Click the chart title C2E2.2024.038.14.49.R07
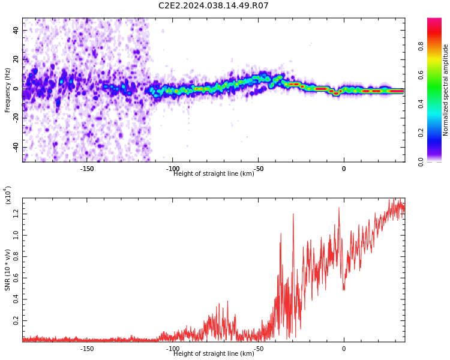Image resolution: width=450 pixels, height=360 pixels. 213,6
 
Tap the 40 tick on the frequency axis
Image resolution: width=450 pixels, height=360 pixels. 16,30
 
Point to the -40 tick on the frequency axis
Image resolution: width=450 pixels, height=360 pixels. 15,147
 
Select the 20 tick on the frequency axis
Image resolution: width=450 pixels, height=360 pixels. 16,59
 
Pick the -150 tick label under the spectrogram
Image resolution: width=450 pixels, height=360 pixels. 87,169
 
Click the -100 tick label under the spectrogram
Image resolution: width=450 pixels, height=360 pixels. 173,169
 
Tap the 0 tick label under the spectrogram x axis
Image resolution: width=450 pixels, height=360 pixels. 344,169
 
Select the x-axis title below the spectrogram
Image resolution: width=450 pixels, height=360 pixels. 214,174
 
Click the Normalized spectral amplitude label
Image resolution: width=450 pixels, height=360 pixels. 446,90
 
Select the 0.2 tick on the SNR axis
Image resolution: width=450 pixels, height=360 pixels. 16,321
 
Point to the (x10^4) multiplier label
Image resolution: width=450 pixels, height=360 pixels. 8,196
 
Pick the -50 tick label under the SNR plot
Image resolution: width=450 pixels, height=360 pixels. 258,349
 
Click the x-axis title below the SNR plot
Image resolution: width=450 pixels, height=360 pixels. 214,354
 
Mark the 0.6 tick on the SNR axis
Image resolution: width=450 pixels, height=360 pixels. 16,278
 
